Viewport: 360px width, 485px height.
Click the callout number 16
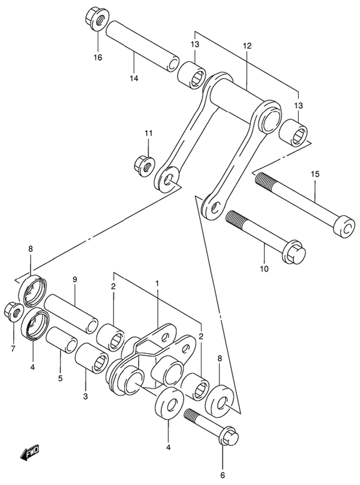point(98,58)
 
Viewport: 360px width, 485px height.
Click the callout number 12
point(247,46)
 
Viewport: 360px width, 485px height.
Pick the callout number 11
point(148,132)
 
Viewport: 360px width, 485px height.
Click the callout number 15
point(316,174)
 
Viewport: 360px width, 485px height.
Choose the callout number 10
point(264,269)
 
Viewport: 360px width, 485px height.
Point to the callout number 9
point(76,280)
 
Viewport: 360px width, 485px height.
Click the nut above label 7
point(13,311)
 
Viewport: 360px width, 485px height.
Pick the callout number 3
point(85,396)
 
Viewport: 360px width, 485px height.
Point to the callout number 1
point(157,282)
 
